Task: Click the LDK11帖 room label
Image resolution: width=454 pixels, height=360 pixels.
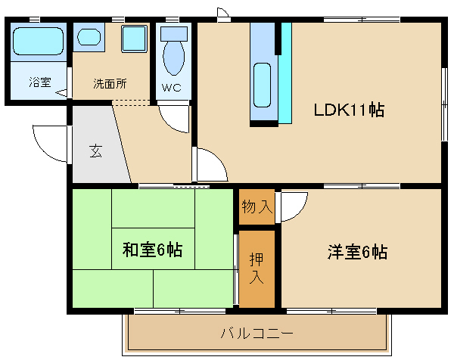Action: point(349,110)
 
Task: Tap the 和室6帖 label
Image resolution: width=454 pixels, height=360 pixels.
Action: point(152,250)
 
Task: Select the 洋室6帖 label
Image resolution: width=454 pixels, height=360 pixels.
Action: point(358,252)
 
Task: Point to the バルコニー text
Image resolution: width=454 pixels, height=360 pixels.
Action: point(257,333)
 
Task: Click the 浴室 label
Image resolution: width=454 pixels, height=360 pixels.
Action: point(40,82)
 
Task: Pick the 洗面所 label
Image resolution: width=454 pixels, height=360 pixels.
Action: point(110,82)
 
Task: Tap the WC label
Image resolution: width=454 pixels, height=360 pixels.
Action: point(172,87)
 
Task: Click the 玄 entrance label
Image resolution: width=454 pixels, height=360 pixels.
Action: point(96,150)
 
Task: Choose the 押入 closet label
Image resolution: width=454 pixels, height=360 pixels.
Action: point(257,268)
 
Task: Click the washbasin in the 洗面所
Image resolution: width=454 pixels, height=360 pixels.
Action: point(89,36)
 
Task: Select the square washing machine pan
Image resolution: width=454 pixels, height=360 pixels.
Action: point(134,37)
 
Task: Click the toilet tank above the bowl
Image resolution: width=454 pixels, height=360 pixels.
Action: point(173,33)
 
